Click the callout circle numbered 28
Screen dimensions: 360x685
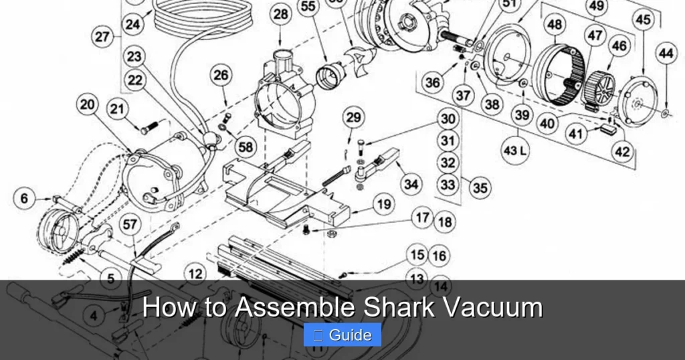pyautogui.click(x=282, y=14)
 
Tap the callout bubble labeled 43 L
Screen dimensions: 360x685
pyautogui.click(x=514, y=151)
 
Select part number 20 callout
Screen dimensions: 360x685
pyautogui.click(x=88, y=104)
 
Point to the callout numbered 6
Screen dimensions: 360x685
pyautogui.click(x=25, y=198)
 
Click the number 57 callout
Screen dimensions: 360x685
pyautogui.click(x=130, y=225)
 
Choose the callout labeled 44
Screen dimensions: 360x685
pyautogui.click(x=666, y=53)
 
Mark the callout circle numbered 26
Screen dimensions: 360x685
pyautogui.click(x=221, y=76)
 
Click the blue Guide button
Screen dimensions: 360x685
pyautogui.click(x=342, y=335)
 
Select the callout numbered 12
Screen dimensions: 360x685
pyautogui.click(x=195, y=274)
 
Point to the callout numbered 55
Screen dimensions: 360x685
pyautogui.click(x=308, y=7)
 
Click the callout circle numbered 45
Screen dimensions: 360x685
pyautogui.click(x=643, y=20)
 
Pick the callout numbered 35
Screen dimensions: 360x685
pyautogui.click(x=480, y=188)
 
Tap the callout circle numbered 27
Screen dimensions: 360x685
pyautogui.click(x=102, y=37)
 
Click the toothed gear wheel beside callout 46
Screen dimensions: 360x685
pyautogui.click(x=599, y=86)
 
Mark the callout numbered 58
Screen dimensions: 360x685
pyautogui.click(x=246, y=147)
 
